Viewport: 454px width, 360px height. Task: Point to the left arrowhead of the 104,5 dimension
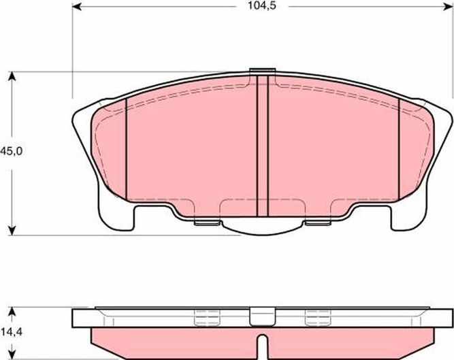(x=76, y=7)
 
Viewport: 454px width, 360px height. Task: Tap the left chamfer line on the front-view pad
(x=127, y=146)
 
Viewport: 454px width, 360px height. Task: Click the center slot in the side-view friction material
(x=261, y=340)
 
